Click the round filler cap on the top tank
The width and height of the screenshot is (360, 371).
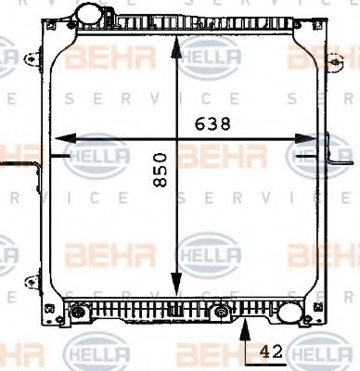coord(91,15)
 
